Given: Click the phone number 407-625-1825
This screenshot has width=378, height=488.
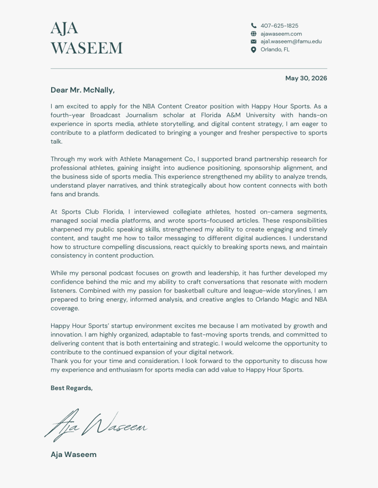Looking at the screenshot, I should tap(279, 26).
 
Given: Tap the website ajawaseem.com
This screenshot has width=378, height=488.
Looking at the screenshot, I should tap(281, 34).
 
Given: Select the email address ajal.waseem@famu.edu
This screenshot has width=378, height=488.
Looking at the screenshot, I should tap(291, 42).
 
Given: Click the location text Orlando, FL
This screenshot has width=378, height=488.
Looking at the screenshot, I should tap(275, 50).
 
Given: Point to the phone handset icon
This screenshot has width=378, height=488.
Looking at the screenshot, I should tap(254, 26).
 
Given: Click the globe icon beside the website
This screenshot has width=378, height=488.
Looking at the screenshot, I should tap(254, 34).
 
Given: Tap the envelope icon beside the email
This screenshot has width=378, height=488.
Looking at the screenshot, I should tap(254, 42).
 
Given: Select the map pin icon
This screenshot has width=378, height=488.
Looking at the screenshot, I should tap(254, 50).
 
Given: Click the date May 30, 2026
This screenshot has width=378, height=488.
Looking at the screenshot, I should tap(306, 78).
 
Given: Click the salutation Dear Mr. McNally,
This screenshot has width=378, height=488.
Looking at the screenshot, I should tap(83, 90).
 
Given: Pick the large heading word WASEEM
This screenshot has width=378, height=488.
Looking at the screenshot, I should tap(86, 48).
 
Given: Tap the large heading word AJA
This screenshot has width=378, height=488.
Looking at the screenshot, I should tap(64, 28).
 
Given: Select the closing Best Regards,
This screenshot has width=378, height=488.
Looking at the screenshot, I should tap(72, 388).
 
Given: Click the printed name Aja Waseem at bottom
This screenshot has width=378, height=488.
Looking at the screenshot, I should tap(74, 454).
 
